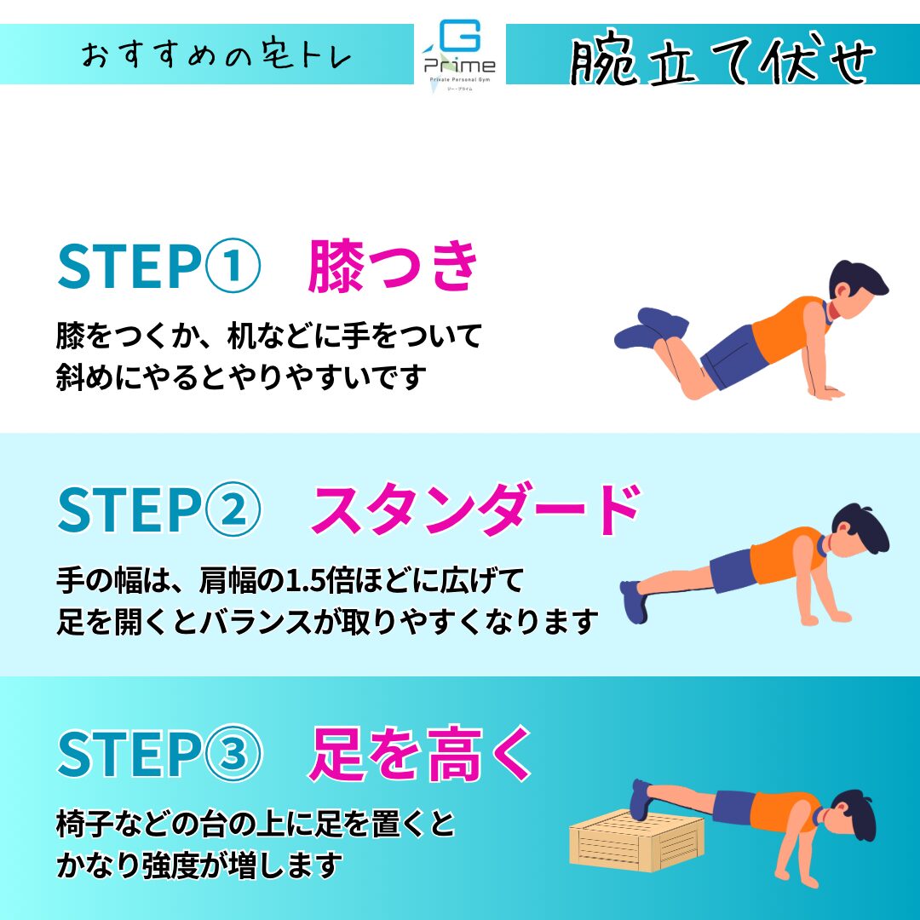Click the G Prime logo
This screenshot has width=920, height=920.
(x=460, y=55)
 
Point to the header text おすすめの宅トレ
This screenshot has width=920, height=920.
(x=216, y=55)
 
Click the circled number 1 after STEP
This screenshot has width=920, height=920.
(x=233, y=265)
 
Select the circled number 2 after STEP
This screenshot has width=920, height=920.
(x=233, y=509)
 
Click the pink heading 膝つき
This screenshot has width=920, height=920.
(x=393, y=266)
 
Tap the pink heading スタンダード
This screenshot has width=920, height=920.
(x=475, y=509)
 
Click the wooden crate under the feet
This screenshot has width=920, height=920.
(x=636, y=838)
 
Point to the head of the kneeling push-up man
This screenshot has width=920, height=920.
(x=860, y=290)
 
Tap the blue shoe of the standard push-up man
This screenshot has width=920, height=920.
(x=634, y=601)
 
